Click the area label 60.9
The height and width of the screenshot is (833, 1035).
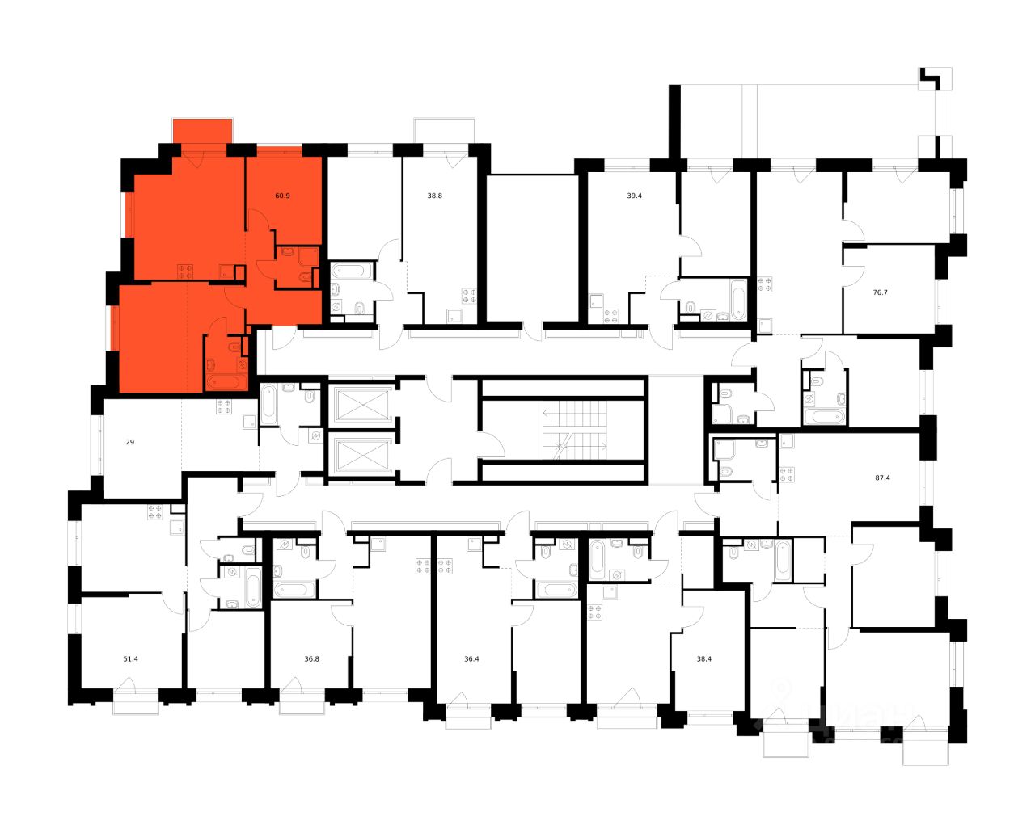282,196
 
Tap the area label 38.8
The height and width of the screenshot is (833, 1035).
435,196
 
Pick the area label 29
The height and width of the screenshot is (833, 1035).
130,443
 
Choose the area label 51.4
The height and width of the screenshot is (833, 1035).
130,658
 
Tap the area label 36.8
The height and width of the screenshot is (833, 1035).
311,658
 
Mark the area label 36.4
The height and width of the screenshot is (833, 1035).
471,658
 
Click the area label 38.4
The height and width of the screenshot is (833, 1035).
704,658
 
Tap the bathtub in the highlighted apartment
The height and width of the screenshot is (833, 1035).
226,382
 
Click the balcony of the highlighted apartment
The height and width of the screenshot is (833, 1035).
202,130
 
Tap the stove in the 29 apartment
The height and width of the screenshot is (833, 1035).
224,407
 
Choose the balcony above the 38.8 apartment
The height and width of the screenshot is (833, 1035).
446,130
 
